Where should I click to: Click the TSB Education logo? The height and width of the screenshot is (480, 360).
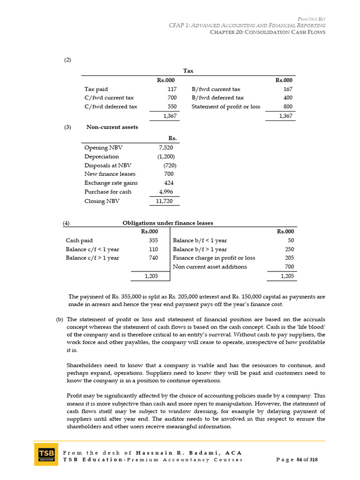coord(46,454)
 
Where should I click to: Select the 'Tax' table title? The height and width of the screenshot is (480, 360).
coord(188,71)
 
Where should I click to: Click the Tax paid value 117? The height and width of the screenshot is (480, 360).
coord(172,89)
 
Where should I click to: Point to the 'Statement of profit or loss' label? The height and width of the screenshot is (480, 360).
coord(225,106)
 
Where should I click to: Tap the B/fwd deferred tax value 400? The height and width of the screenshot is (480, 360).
coord(287,97)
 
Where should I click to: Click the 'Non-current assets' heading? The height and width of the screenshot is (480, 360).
coord(112,127)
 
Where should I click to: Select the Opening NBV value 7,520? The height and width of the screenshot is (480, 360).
coord(166,148)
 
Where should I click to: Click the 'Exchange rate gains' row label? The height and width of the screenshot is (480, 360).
coord(111,183)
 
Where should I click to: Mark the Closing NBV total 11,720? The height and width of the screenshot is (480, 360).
coord(165,201)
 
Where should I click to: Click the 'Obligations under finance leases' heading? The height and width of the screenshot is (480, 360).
coord(167,223)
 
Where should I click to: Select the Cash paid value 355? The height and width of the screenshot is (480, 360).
coord(153,240)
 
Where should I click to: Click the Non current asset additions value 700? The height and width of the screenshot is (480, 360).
coord(289,267)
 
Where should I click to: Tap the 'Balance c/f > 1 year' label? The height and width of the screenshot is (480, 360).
coord(92,258)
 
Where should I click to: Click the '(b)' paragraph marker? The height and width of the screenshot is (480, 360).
coord(59,319)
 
